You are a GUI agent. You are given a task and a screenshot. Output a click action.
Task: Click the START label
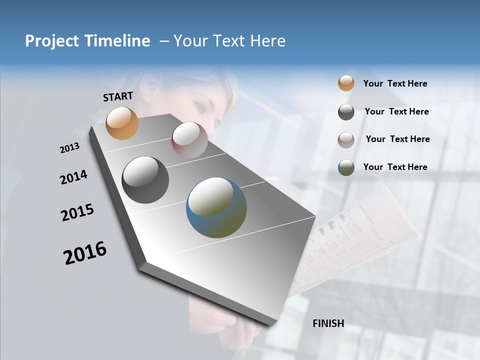118,96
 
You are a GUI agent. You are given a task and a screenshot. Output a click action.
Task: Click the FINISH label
328,323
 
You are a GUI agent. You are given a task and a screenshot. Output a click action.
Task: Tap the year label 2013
69,148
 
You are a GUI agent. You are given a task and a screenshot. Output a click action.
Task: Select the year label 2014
73,177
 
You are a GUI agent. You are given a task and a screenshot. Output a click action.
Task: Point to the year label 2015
77,212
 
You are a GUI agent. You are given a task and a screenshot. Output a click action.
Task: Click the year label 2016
85,252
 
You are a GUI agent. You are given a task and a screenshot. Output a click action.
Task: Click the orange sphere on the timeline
122,123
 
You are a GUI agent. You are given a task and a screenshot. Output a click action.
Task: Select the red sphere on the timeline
189,140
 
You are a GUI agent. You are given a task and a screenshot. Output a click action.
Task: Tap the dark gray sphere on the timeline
145,180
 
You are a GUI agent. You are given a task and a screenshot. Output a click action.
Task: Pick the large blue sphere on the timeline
216,207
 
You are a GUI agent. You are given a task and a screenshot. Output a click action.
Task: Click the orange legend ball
346,83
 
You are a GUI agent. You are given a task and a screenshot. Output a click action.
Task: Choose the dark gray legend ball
346,112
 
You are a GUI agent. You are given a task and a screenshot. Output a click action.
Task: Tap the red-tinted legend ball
346,140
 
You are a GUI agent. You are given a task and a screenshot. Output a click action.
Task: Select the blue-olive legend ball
346,167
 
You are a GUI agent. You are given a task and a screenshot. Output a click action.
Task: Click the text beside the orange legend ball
395,84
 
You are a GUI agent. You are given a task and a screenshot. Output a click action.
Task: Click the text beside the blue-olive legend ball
395,167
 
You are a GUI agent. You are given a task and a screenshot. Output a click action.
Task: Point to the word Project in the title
52,41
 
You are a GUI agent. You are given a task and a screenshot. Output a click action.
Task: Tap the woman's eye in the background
198,107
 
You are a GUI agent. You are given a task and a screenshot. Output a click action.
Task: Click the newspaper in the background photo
360,235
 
